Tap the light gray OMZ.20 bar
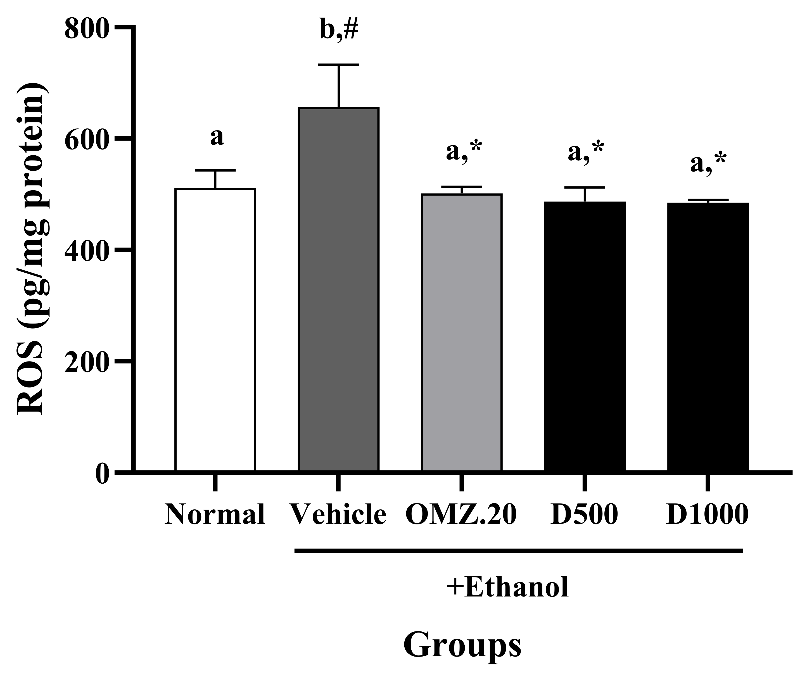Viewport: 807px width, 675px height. coord(462,332)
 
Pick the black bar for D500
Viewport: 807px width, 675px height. coord(585,336)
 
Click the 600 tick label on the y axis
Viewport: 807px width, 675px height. coord(86,140)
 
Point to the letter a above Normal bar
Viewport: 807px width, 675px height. coord(217,137)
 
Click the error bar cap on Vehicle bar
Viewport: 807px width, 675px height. coord(339,65)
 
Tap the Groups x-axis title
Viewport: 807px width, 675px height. coord(462,644)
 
